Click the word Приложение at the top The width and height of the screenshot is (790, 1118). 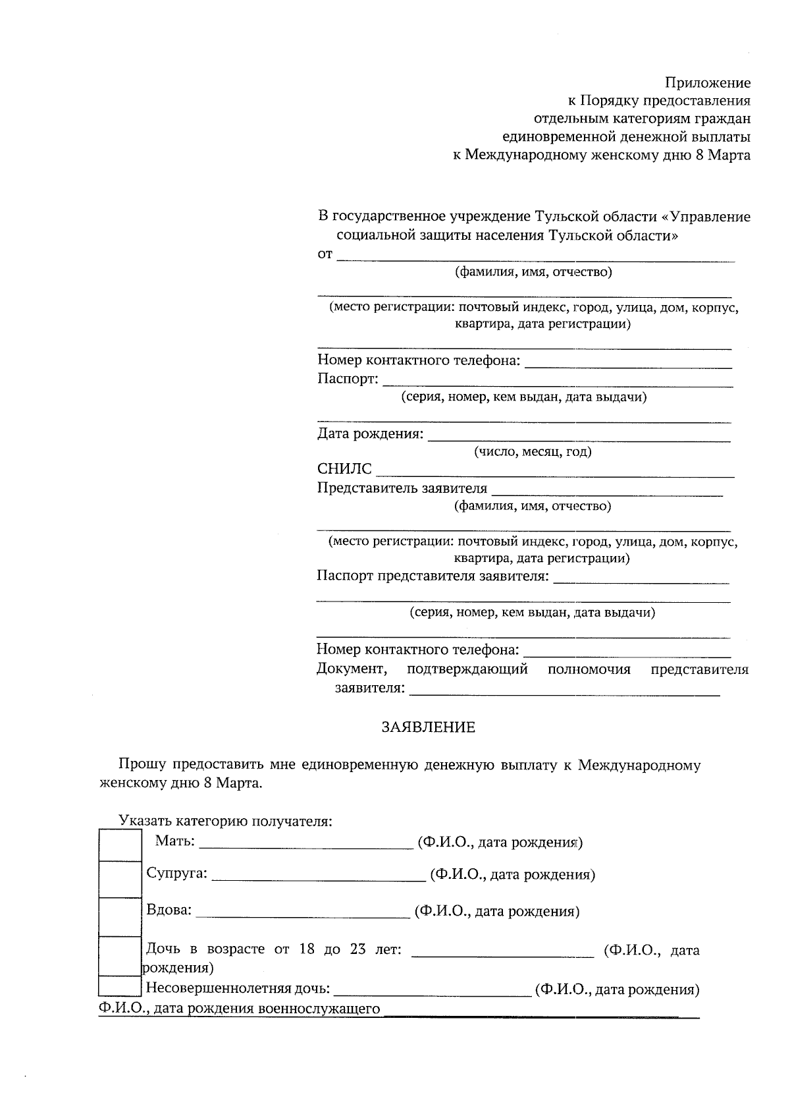(707, 83)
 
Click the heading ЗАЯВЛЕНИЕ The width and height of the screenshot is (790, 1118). (429, 727)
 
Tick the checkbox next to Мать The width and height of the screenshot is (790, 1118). (120, 845)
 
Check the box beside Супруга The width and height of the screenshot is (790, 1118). (120, 879)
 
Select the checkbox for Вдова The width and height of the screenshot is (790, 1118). (120, 916)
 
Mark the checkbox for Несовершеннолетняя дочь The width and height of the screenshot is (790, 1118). (119, 986)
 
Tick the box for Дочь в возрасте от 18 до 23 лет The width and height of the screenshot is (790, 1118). (119, 956)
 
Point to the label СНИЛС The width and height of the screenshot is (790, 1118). (344, 469)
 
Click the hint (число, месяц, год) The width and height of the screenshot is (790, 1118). (533, 452)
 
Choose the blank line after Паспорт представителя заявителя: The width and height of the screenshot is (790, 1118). (641, 580)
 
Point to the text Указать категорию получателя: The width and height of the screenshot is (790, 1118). (225, 821)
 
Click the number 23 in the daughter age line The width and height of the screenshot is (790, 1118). (358, 949)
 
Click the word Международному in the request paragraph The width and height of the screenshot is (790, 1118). (639, 765)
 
